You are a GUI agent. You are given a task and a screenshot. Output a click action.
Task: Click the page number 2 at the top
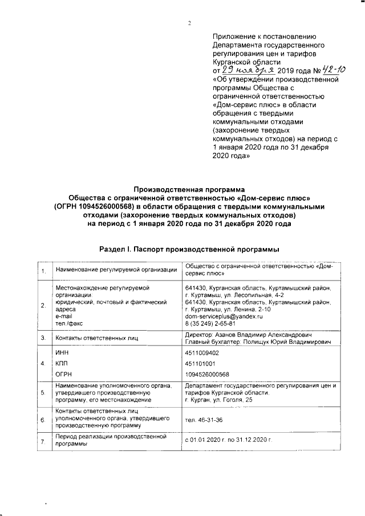pos(189,23)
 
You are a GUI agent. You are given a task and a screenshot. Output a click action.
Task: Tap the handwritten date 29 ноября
pos(248,71)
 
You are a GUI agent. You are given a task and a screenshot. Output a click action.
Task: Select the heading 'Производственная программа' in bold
pos(189,189)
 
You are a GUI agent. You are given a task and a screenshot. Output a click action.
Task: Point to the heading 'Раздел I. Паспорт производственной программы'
pos(189,250)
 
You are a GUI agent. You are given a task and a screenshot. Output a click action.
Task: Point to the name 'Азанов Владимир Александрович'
pos(263,335)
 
